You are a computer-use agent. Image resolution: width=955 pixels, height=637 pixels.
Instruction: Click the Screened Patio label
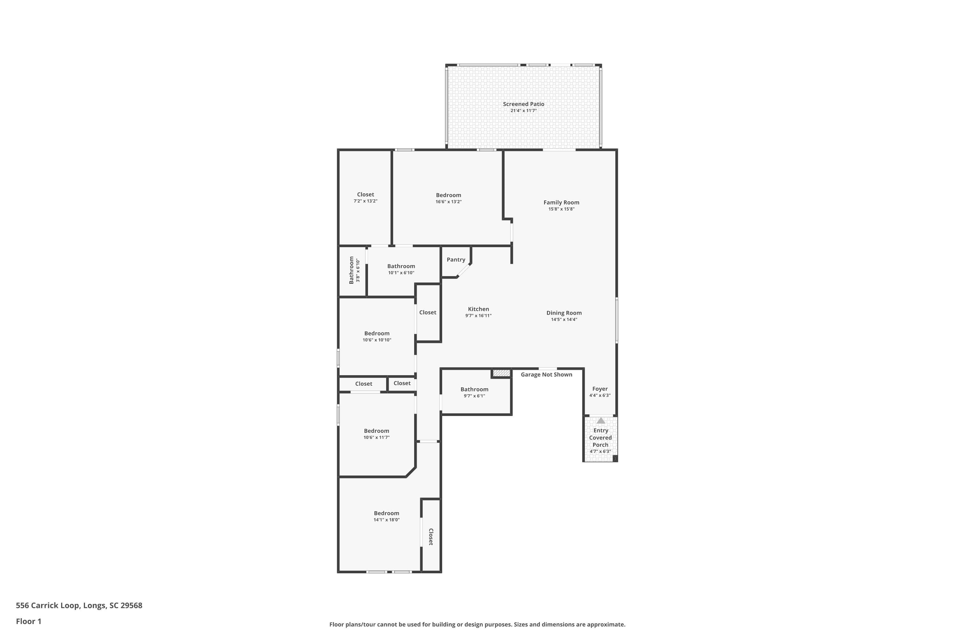coord(523,104)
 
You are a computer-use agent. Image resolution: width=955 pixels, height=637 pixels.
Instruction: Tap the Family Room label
coord(561,202)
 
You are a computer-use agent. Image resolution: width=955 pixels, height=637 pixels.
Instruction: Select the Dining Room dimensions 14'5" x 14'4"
coord(564,319)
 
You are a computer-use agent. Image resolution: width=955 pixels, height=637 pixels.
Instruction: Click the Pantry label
coord(456,260)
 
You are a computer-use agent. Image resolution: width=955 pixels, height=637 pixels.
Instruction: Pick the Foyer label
coord(600,389)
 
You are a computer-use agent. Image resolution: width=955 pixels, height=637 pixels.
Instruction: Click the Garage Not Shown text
coord(547,375)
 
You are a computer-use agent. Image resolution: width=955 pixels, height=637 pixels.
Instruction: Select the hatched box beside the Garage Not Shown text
coord(501,373)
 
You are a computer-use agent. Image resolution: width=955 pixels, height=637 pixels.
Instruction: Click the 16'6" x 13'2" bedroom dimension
coord(449,202)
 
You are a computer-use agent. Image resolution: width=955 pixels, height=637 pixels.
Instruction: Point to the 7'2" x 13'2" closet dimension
coord(365,201)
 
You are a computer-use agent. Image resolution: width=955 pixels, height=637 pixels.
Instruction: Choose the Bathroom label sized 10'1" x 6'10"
coord(401,266)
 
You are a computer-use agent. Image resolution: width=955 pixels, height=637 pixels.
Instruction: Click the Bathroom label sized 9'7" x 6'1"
coord(474,389)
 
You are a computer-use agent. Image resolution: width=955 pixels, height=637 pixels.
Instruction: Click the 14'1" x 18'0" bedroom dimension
coord(386,519)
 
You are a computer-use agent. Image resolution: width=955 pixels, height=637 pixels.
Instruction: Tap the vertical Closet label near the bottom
coord(431,537)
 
